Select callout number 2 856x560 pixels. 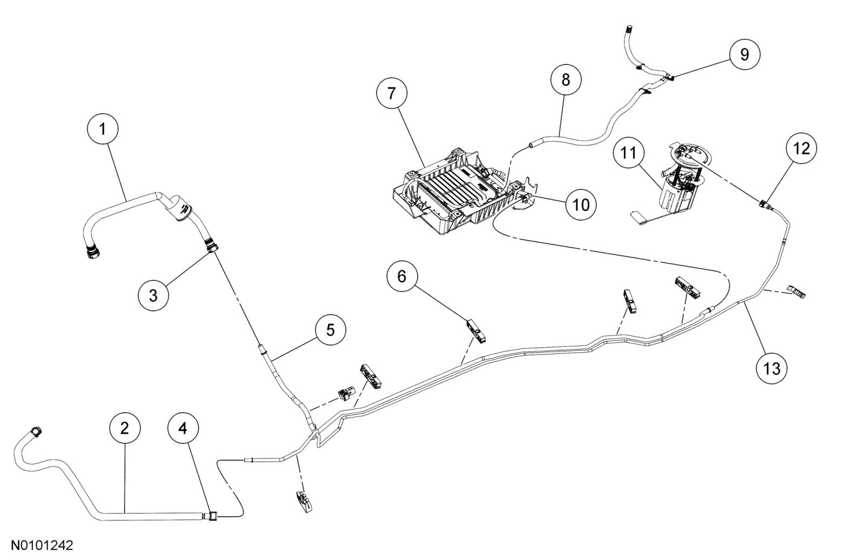[x=125, y=429]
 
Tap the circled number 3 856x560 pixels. [x=153, y=295]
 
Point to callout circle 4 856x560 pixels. [x=183, y=429]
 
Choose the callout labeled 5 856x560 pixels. [x=330, y=330]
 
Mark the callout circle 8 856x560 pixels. [x=566, y=80]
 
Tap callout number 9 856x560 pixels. [x=745, y=54]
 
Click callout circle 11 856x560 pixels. [x=628, y=154]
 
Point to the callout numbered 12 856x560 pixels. [x=802, y=148]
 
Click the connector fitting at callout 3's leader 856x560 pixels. [x=212, y=244]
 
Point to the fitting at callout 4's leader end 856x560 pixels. [x=211, y=517]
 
